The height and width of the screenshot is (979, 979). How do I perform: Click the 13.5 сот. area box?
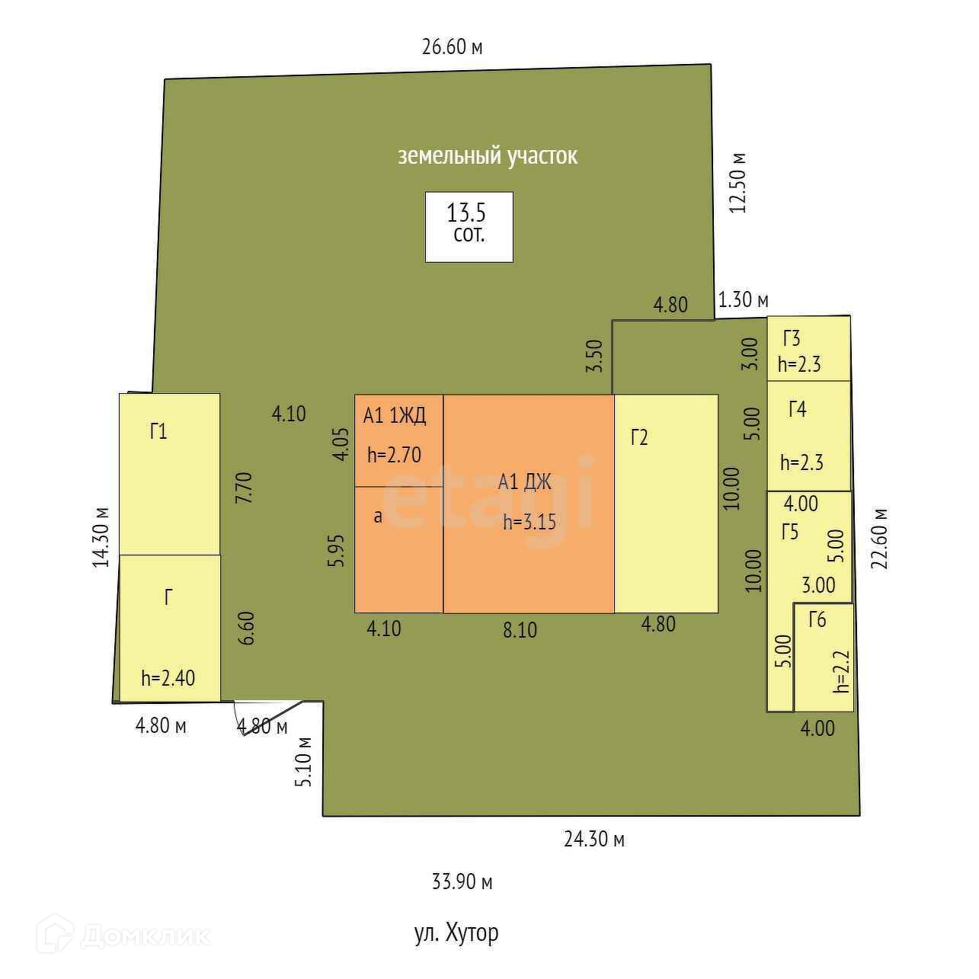point(469,226)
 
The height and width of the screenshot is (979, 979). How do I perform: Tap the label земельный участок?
point(488,156)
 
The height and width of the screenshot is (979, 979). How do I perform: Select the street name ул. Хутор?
point(456,933)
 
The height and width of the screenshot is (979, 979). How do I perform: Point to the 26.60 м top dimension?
point(453,47)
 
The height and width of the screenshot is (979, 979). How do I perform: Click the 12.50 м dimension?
point(737,183)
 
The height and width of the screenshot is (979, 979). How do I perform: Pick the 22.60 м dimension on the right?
point(881,538)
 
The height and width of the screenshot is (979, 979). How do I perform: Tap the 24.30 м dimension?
point(594,840)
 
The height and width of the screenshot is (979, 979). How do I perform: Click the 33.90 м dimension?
point(462,882)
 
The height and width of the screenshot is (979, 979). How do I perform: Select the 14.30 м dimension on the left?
point(101,537)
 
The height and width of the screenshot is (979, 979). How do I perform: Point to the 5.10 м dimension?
point(304,761)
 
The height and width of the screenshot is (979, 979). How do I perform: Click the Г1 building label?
point(158,432)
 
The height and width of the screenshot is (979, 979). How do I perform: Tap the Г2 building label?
point(639,438)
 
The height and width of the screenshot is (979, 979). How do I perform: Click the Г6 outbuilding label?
point(817,620)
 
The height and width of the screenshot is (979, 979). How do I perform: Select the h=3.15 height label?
point(529,523)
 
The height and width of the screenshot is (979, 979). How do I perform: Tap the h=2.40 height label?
point(168,678)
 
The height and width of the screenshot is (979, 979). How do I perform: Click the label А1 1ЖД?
point(395,416)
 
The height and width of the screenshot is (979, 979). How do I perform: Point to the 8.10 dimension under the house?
point(520,631)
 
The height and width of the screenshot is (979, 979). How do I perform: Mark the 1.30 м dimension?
point(744,300)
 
